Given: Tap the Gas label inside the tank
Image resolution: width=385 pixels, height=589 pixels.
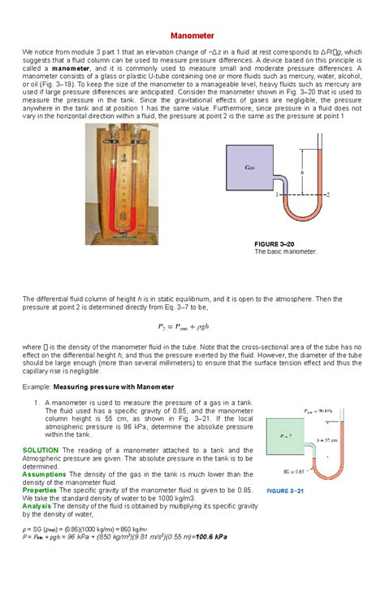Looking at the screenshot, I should click(x=250, y=168).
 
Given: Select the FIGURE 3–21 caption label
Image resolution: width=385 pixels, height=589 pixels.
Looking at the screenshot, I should click(x=286, y=491).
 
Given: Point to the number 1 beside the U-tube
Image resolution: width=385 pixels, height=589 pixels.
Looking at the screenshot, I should click(x=278, y=195).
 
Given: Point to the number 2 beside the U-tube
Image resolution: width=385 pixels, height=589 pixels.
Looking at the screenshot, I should click(x=327, y=195).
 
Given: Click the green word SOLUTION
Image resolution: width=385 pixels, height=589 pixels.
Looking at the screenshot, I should click(x=40, y=450).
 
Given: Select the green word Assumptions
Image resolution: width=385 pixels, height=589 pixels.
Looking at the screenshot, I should click(x=44, y=473).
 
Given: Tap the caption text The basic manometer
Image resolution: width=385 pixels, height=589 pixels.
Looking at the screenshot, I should click(x=285, y=252).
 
